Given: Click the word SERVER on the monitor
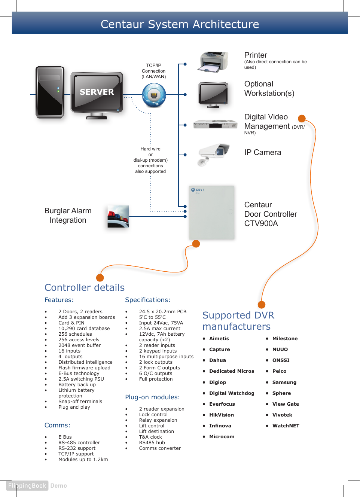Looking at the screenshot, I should tap(97, 92).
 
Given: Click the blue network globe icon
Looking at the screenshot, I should tap(154, 95).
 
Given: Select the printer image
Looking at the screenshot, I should tap(214, 62).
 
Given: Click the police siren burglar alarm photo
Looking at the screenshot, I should tap(118, 216).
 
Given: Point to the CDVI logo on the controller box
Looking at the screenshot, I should tap(198, 190).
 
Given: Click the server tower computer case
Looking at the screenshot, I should tap(50, 92).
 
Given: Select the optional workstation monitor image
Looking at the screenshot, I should tap(213, 95).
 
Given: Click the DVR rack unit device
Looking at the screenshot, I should tap(215, 124).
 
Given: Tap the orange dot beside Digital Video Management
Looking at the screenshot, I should tap(302, 119).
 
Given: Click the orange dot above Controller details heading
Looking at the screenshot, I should tap(100, 278).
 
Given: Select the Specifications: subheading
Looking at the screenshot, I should tap(147, 300).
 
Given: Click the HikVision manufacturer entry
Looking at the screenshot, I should tap(222, 415).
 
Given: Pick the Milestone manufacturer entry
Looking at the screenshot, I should tap(285, 338).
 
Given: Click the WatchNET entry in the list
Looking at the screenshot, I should tap(286, 426).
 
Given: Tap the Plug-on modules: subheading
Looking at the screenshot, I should tap(152, 397).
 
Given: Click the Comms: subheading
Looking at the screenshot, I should tap(57, 425).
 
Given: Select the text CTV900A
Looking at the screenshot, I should tap(261, 223).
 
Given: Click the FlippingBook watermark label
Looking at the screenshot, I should tap(27, 485).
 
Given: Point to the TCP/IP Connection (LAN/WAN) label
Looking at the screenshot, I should tap(153, 71).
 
